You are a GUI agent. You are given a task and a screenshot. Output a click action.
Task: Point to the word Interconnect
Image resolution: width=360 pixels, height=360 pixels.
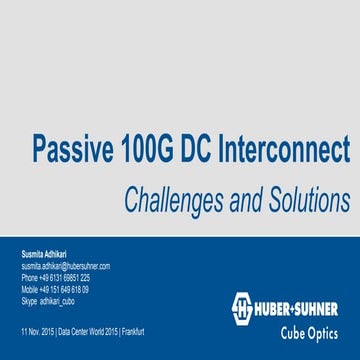click(x=290, y=150)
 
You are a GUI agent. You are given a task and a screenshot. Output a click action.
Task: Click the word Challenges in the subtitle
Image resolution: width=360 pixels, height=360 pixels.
click(x=176, y=200)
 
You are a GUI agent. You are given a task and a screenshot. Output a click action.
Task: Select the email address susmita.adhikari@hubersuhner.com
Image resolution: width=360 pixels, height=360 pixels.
click(x=64, y=267)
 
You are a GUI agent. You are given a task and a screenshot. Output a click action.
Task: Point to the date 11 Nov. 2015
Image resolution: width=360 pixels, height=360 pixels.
click(x=37, y=328)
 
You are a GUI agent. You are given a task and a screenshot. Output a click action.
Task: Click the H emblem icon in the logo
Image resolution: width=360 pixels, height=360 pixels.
click(x=243, y=306)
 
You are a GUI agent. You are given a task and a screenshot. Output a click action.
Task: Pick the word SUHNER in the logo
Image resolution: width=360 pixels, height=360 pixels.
click(x=321, y=306)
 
